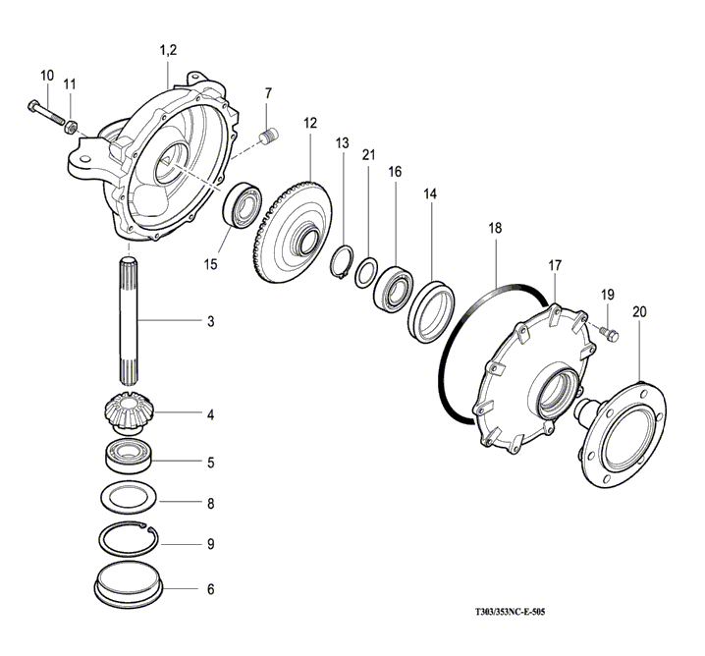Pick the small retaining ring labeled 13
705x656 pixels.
[344, 264]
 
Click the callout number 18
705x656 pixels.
[495, 228]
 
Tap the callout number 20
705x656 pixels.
[640, 311]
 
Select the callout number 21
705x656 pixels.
[368, 153]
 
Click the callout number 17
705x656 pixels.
[555, 265]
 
